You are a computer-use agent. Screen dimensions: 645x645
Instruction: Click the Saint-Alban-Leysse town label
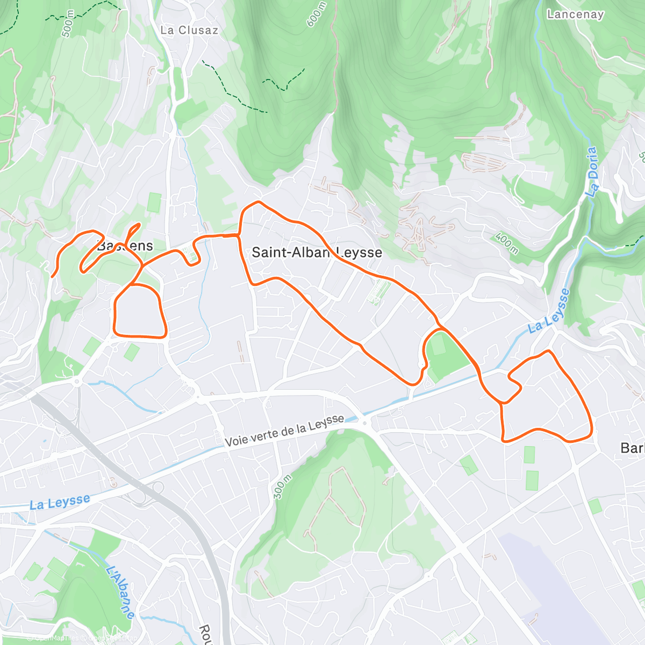click(x=317, y=252)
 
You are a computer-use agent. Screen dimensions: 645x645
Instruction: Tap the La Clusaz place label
click(x=189, y=31)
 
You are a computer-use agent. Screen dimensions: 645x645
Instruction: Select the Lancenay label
click(x=575, y=15)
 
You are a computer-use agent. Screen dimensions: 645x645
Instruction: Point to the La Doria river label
click(x=592, y=171)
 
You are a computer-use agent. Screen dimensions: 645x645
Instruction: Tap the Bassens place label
click(x=125, y=246)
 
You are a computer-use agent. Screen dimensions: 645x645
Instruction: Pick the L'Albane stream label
click(x=120, y=592)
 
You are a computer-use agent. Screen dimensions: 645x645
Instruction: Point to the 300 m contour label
click(x=282, y=487)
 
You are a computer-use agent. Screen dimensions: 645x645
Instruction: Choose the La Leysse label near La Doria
click(x=549, y=312)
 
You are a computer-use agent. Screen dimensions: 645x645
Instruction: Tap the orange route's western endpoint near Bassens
click(x=52, y=276)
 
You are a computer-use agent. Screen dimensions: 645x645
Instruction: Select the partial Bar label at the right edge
click(x=632, y=448)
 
